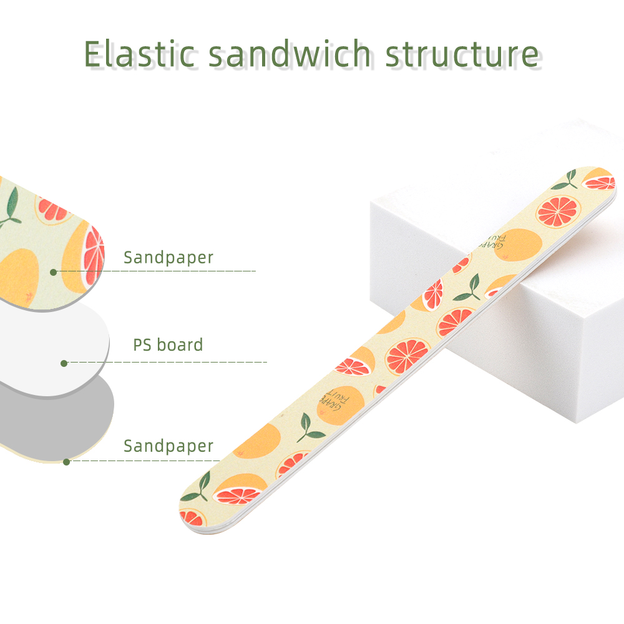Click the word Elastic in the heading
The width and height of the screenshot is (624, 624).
[140, 54]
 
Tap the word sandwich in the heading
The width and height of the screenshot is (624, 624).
[290, 54]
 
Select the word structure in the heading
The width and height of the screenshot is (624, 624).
[462, 54]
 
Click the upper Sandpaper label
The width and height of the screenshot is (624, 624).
[168, 258]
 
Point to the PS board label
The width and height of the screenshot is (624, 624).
[168, 344]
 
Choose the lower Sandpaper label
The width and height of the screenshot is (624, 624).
[168, 446]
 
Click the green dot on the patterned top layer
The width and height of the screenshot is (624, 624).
[53, 272]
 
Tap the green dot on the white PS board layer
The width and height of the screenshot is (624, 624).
[64, 363]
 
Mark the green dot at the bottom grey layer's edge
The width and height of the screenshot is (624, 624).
[67, 462]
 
